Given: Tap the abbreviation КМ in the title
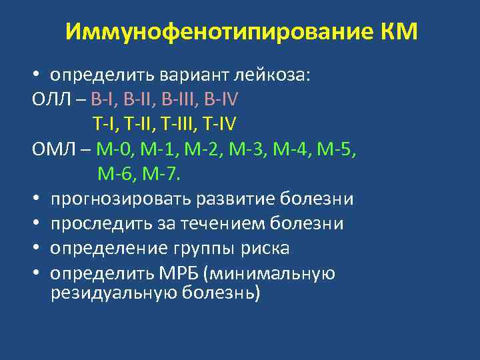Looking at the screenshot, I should pos(399,32).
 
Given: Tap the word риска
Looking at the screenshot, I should pos(265,249).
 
